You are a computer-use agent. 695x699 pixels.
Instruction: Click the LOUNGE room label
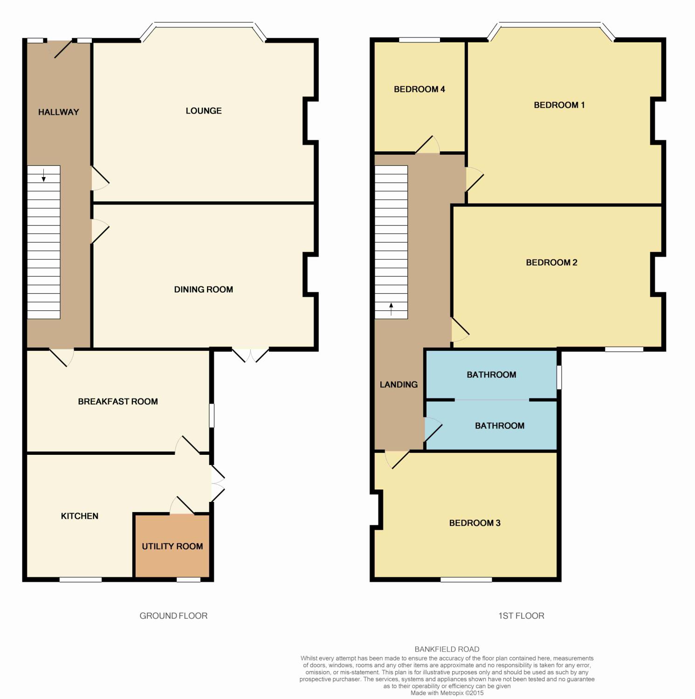click(203, 111)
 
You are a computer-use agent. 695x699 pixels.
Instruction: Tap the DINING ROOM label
click(203, 289)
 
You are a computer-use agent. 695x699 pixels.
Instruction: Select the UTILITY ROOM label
click(172, 546)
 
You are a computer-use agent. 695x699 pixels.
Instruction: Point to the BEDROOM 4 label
click(419, 89)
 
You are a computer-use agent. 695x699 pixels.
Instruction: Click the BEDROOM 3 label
click(475, 523)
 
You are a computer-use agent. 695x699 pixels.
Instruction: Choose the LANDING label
click(399, 384)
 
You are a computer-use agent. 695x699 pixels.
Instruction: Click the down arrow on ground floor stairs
click(44, 175)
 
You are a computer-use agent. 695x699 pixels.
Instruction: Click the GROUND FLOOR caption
click(173, 616)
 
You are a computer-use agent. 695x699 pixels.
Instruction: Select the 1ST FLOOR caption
click(521, 616)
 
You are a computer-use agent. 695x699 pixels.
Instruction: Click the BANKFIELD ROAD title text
click(447, 649)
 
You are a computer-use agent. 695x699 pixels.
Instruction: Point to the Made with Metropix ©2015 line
click(447, 693)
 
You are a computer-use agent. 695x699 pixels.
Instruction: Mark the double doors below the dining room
click(250, 355)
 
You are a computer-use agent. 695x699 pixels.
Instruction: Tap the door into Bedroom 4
click(427, 145)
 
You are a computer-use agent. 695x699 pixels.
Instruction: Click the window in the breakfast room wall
click(212, 415)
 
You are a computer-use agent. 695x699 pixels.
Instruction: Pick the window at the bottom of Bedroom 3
click(466, 580)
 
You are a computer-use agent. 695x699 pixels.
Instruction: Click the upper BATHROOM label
click(491, 375)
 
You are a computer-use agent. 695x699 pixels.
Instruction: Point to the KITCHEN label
click(79, 516)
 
